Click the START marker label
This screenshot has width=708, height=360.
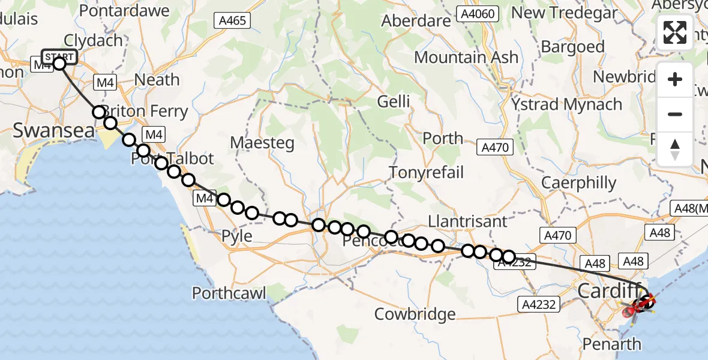tap(59, 58)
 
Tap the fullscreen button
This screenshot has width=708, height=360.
tap(675, 32)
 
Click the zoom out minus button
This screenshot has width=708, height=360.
tap(675, 114)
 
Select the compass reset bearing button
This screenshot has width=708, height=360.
tap(675, 149)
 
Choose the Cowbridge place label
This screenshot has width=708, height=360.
tap(415, 314)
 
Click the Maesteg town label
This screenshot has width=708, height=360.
tap(263, 143)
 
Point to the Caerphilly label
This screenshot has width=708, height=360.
tap(578, 182)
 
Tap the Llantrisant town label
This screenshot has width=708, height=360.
tap(468, 221)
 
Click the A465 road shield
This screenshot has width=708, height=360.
tap(233, 21)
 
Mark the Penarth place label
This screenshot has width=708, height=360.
tap(612, 344)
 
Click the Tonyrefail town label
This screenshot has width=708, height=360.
tap(426, 173)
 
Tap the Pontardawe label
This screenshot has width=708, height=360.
tap(118, 11)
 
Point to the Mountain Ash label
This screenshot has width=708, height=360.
tap(466, 58)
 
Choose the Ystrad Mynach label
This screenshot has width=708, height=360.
tap(566, 104)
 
